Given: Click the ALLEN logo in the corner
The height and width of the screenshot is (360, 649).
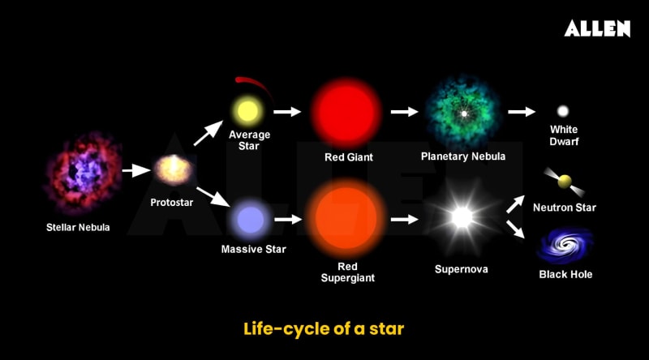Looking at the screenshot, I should [x=597, y=29].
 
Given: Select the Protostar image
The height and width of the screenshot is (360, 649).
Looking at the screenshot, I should [x=173, y=169].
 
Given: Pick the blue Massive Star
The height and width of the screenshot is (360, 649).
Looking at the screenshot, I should [x=249, y=219].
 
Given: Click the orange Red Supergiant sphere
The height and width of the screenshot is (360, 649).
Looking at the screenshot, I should [x=346, y=217].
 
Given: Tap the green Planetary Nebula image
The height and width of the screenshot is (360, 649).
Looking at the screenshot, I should [x=462, y=114].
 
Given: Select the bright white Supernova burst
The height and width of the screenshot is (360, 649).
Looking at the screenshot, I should [x=462, y=217].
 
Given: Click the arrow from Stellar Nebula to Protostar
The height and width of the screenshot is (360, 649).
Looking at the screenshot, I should [x=132, y=171].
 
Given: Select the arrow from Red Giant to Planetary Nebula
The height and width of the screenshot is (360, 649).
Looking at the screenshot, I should [x=403, y=111].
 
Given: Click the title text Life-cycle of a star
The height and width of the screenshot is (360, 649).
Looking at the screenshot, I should [x=324, y=329].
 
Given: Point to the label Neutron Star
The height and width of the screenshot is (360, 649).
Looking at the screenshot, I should [x=565, y=208].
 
